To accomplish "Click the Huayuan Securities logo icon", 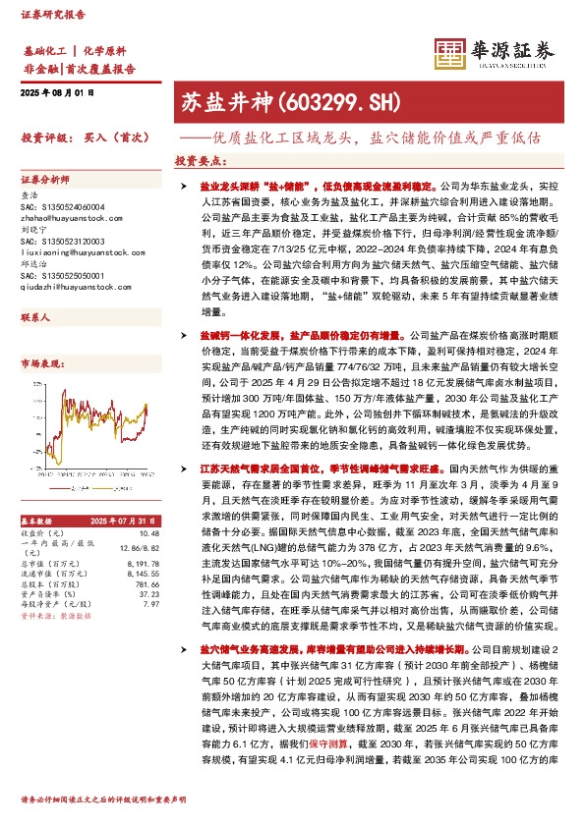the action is pos(450,51).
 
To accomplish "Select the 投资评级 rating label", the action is pos(43,139).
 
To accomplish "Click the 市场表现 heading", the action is pos(40,363).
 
